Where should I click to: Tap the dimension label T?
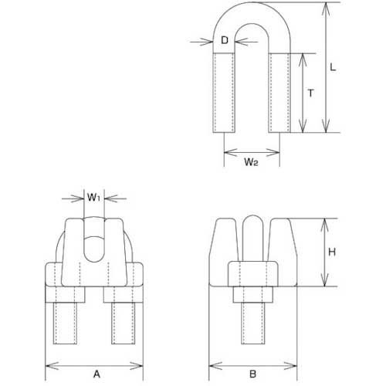(x=310, y=93)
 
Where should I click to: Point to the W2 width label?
(x=251, y=163)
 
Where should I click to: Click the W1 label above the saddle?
(x=93, y=198)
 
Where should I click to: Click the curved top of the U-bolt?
(x=251, y=19)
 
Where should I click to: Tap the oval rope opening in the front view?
(x=93, y=245)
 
